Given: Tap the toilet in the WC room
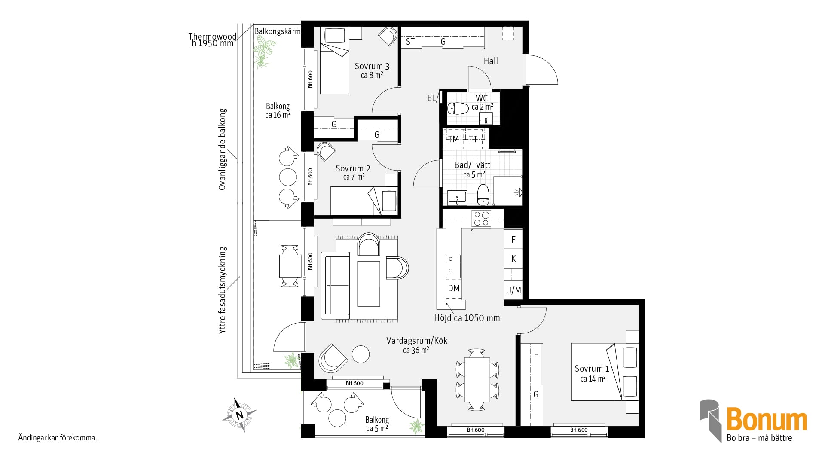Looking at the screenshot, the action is click(458, 108).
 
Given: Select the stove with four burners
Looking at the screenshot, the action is click(481, 219).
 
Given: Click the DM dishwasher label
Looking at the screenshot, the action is click(454, 288).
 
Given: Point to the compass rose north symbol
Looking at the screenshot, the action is click(239, 415).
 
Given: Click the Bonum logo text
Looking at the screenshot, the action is click(767, 420).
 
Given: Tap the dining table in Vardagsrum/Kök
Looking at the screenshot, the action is click(477, 379).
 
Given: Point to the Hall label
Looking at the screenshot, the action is click(491, 61).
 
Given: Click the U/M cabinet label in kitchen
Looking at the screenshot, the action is click(513, 290).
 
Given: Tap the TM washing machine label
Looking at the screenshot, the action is click(454, 139).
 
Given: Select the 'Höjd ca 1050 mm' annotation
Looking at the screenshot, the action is click(467, 318).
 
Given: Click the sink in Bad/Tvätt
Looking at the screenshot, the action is click(457, 198).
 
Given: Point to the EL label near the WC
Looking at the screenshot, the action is click(431, 98).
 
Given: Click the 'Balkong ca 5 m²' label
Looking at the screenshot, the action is click(377, 424).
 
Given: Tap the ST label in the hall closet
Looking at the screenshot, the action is click(410, 42).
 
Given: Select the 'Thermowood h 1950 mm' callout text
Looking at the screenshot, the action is click(212, 40).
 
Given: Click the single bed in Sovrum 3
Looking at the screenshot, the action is click(334, 61).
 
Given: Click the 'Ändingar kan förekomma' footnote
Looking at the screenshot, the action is click(58, 438).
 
